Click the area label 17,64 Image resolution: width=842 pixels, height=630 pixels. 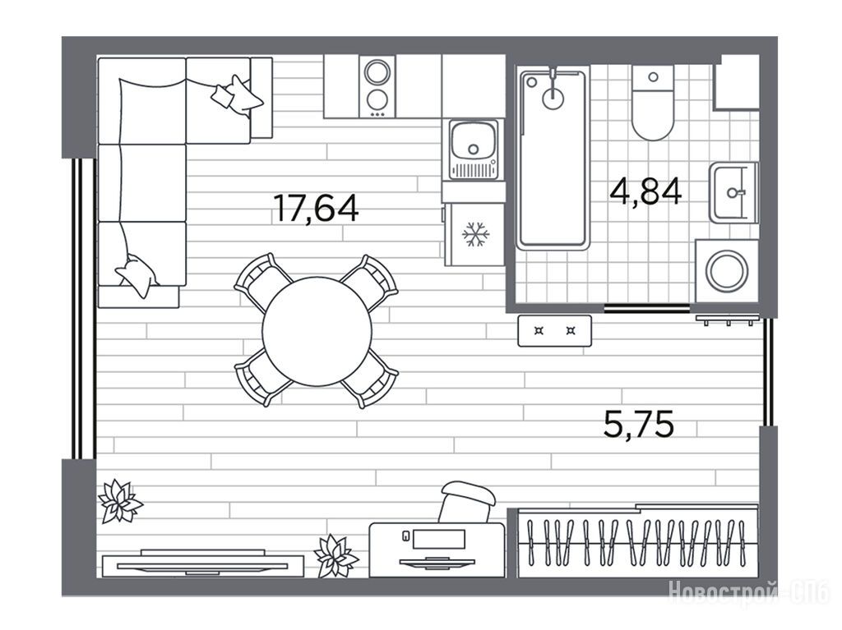point(316,208)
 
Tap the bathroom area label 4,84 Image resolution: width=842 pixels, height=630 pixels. point(645,191)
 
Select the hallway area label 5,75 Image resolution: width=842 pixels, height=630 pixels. point(638,424)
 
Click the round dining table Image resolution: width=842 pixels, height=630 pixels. point(317,331)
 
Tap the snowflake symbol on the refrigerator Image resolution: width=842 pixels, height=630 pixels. point(476,235)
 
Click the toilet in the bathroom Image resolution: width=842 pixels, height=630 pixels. point(652,103)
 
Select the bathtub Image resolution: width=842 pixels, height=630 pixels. point(552,158)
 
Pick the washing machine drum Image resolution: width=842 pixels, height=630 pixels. point(727,271)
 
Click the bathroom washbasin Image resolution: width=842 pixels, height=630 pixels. point(732,193)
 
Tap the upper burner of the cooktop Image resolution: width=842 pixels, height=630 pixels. point(377,72)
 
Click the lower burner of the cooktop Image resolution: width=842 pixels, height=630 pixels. point(377,100)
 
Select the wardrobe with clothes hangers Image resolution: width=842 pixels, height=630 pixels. point(637,541)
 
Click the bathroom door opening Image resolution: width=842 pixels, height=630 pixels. point(646,308)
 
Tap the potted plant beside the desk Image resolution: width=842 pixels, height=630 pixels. point(335,556)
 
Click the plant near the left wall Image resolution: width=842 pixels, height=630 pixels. point(120,501)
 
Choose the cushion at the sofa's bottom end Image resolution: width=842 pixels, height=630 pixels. point(137,274)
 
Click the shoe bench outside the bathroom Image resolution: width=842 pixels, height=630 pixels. point(555,330)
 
